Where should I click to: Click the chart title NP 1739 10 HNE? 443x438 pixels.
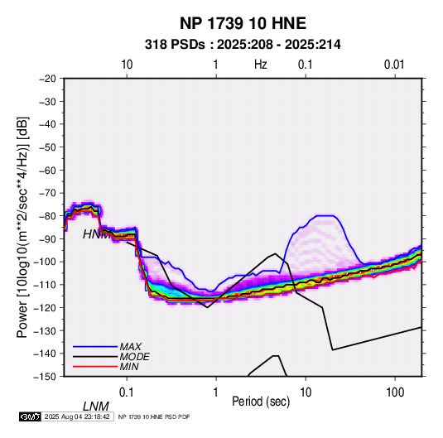[243, 23]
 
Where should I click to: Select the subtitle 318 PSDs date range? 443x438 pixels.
[243, 45]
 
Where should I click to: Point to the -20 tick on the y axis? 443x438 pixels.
[47, 79]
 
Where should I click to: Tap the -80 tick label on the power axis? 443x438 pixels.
[47, 216]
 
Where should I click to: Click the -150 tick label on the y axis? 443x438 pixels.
[46, 377]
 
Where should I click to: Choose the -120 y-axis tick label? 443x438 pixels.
[46, 307]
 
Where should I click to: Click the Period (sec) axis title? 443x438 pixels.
[261, 402]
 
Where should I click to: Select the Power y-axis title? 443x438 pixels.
[22, 228]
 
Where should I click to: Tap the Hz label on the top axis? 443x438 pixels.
[261, 65]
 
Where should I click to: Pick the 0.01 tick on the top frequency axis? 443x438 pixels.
[394, 65]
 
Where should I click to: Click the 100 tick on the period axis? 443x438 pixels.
[395, 392]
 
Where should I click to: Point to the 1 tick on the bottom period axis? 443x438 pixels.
[216, 392]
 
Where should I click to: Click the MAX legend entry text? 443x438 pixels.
[130, 347]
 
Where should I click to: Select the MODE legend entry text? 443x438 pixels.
[134, 357]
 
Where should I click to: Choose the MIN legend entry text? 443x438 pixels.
[129, 367]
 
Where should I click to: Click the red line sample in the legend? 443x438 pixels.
[95, 367]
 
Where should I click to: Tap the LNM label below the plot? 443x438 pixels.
[96, 407]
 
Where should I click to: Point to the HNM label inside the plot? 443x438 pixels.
[96, 234]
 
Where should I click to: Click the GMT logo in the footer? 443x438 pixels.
[30, 416]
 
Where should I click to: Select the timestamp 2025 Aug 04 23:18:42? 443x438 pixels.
[77, 416]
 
